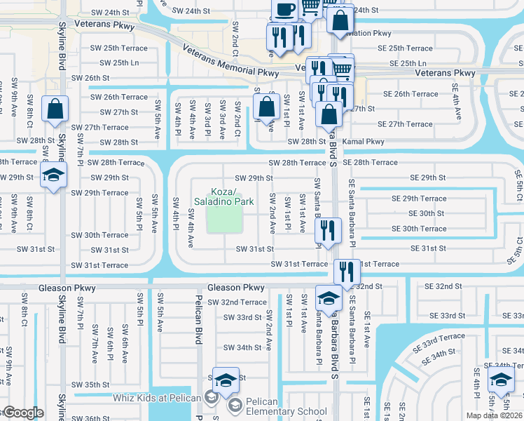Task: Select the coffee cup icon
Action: [284, 10]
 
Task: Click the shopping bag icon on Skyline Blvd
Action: [55, 109]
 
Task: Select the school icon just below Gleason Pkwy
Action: [328, 298]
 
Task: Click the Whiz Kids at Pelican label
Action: [157, 398]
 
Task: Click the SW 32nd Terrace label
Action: [235, 302]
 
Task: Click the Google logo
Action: [22, 413]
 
